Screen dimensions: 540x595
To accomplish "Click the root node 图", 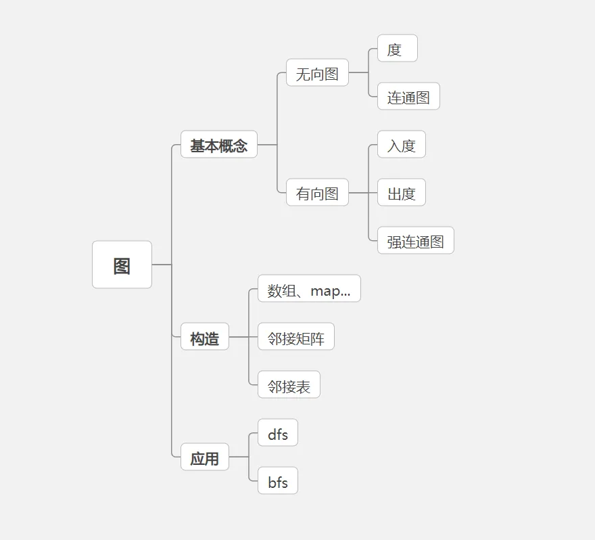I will click(x=122, y=265).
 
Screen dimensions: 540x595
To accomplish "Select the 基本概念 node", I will click(x=218, y=145).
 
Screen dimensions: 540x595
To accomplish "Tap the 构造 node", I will click(x=204, y=337).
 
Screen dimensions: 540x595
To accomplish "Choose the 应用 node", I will click(x=204, y=457).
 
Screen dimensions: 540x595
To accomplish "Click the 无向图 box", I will click(x=317, y=73).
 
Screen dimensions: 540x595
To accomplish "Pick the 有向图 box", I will click(x=317, y=193).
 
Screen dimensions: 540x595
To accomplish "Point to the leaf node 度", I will click(x=397, y=49).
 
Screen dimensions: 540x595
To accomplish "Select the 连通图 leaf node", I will click(x=408, y=97).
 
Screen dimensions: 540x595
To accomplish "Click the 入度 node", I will click(x=401, y=145).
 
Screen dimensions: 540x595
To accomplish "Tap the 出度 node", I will click(x=401, y=193).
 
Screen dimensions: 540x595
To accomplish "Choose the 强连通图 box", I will click(x=415, y=241).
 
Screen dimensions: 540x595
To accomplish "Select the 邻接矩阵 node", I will click(x=296, y=337).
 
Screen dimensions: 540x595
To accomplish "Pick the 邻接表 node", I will click(x=289, y=385).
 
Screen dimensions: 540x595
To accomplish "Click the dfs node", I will click(x=277, y=433).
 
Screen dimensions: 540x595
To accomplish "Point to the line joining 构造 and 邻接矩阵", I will click(x=243, y=337).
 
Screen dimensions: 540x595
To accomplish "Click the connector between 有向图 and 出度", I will click(x=363, y=193).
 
